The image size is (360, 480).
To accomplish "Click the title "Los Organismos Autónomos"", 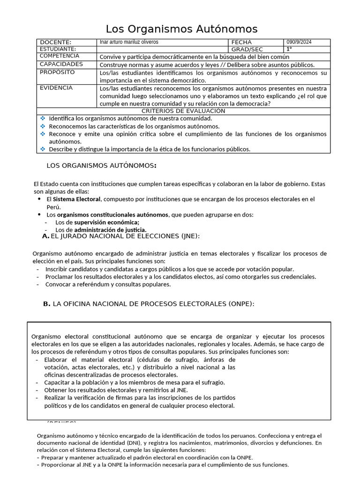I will (x=181, y=29).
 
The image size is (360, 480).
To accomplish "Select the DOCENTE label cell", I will (x=56, y=42).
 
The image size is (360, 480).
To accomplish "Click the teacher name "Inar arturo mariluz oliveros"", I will (x=129, y=42).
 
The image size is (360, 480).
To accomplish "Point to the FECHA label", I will (x=241, y=42).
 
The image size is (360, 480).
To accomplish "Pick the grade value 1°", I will (x=289, y=49).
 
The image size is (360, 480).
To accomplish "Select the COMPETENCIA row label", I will (x=60, y=56).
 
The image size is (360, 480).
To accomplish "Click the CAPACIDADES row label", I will (x=61, y=64).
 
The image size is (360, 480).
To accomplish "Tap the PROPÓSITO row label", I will (x=57, y=73).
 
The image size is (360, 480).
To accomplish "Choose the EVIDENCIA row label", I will (x=56, y=88).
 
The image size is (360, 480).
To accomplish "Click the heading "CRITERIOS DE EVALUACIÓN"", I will (x=183, y=111).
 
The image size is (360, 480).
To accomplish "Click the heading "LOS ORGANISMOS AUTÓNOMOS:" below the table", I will (x=102, y=165).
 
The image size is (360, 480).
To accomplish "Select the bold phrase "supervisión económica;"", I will (x=106, y=222).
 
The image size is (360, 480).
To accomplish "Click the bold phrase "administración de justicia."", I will (x=110, y=230).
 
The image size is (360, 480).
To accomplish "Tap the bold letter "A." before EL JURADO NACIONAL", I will (x=45, y=236).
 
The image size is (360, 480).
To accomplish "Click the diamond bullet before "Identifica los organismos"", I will (x=43, y=118).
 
